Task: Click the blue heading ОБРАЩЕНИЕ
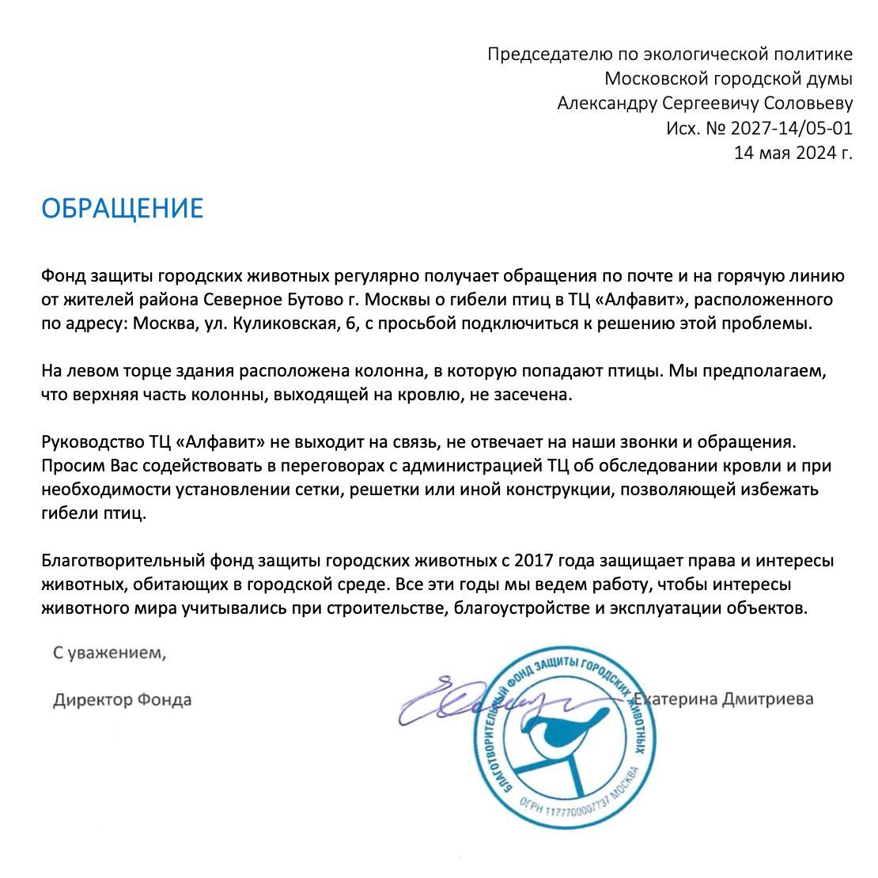click(x=122, y=208)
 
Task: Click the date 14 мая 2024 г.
click(x=793, y=153)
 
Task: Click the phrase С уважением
click(x=110, y=653)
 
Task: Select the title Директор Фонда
click(x=122, y=700)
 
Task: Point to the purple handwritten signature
click(x=467, y=700)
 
